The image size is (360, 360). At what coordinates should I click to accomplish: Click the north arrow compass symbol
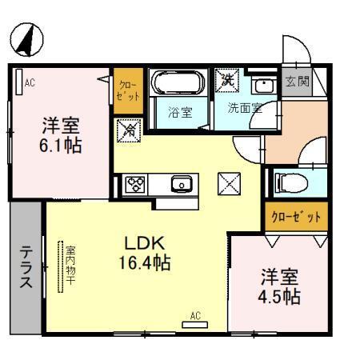(26, 38)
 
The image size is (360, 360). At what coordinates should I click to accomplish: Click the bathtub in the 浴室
(179, 85)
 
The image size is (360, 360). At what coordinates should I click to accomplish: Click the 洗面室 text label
(245, 109)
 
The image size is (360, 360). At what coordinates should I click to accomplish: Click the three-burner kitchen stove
(135, 184)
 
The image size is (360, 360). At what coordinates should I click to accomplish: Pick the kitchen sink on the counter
(182, 184)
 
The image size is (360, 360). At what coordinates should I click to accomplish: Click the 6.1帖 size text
(62, 147)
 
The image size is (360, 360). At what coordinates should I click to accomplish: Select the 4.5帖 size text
(281, 296)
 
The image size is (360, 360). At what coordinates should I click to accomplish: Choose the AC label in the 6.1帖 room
(30, 82)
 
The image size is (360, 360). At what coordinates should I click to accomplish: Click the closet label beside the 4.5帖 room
(295, 216)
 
